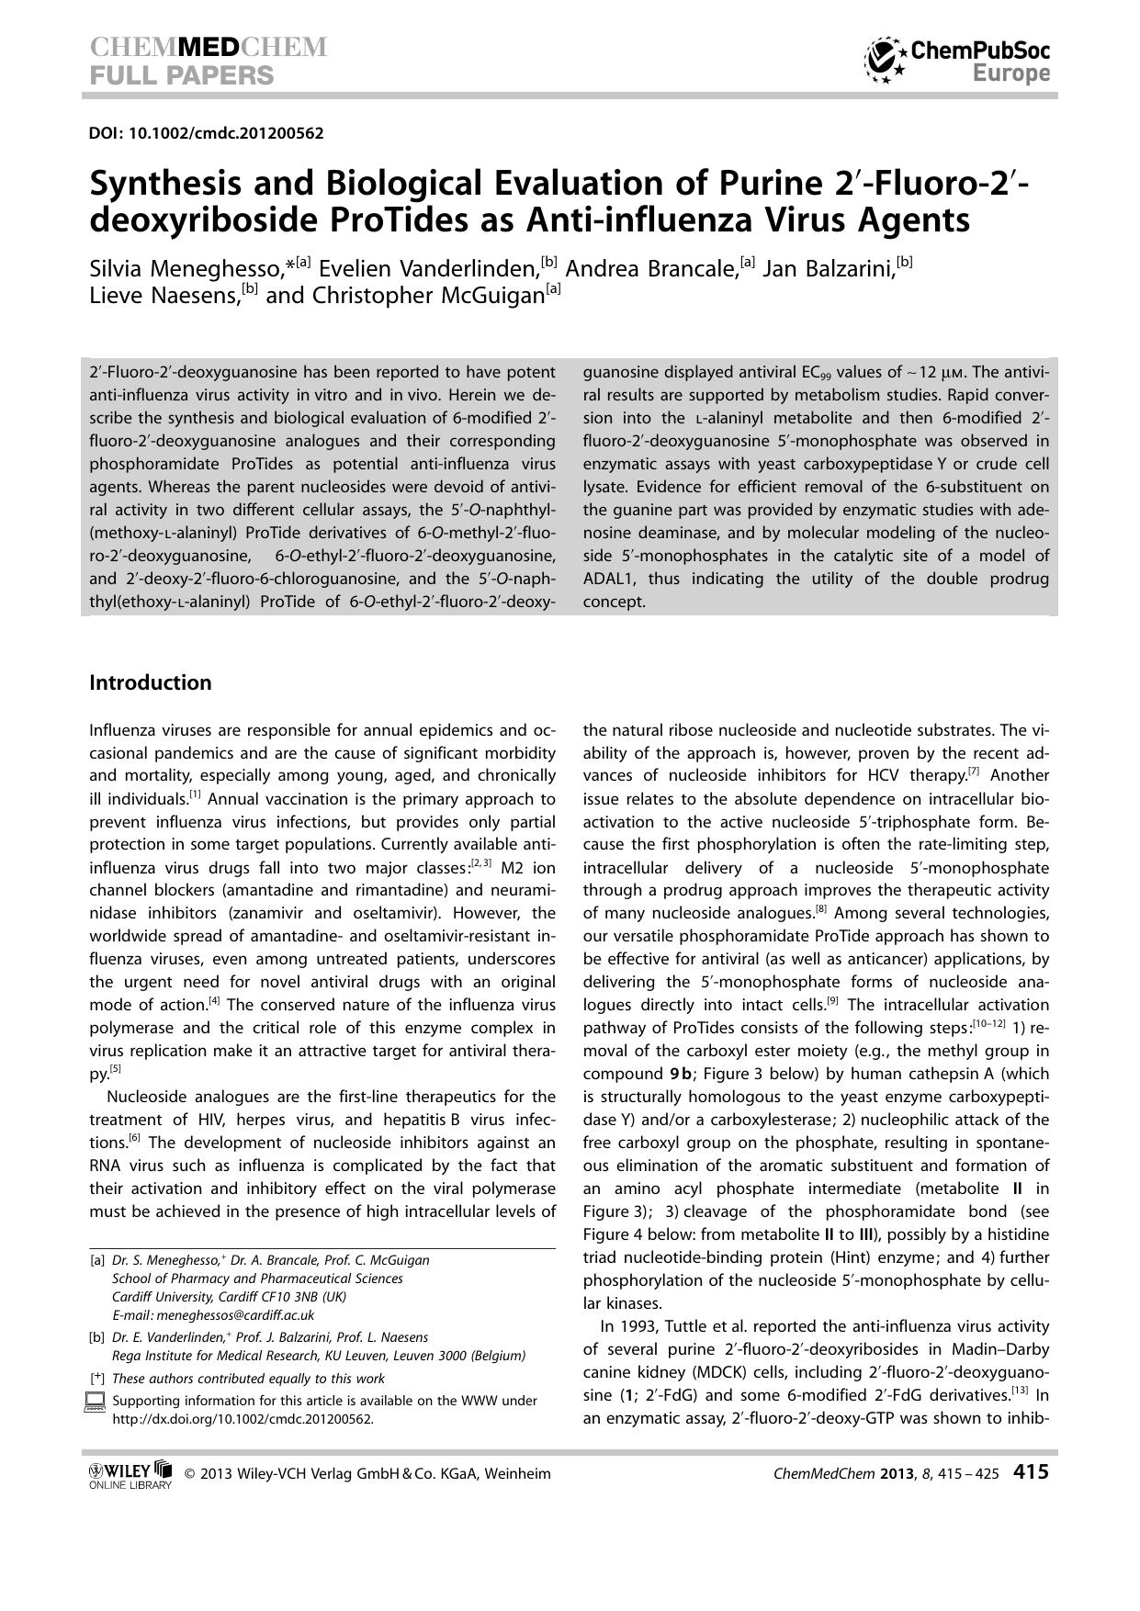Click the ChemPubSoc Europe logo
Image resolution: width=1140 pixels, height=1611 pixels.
[957, 61]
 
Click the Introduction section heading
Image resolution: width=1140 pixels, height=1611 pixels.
[150, 682]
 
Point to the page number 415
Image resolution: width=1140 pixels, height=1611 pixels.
[1030, 1472]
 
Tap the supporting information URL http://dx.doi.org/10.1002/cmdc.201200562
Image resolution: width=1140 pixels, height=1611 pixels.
[243, 1418]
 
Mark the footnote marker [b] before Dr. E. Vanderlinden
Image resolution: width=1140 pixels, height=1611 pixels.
[97, 1337]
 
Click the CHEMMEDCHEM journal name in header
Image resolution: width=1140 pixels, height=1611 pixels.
[209, 48]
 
